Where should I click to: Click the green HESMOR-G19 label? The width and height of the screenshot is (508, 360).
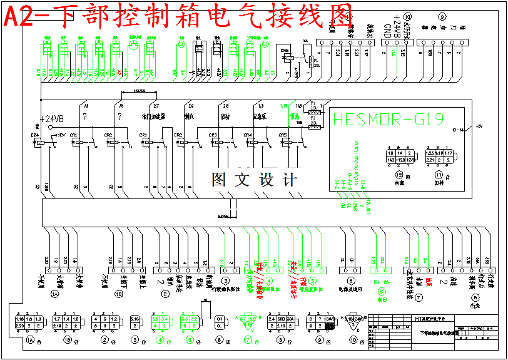point(388,119)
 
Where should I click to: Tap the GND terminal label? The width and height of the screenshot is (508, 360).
point(387,31)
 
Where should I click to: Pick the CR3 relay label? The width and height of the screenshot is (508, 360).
point(214,135)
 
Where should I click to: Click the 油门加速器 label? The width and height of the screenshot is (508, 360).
point(154,116)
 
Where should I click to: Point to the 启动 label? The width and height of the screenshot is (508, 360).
point(225,116)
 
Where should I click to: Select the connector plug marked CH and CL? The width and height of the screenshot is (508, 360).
point(220,322)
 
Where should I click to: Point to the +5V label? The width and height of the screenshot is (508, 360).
point(480,126)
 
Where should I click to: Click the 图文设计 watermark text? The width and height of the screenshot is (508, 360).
point(254,180)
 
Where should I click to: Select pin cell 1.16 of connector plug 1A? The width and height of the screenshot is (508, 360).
point(19,319)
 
